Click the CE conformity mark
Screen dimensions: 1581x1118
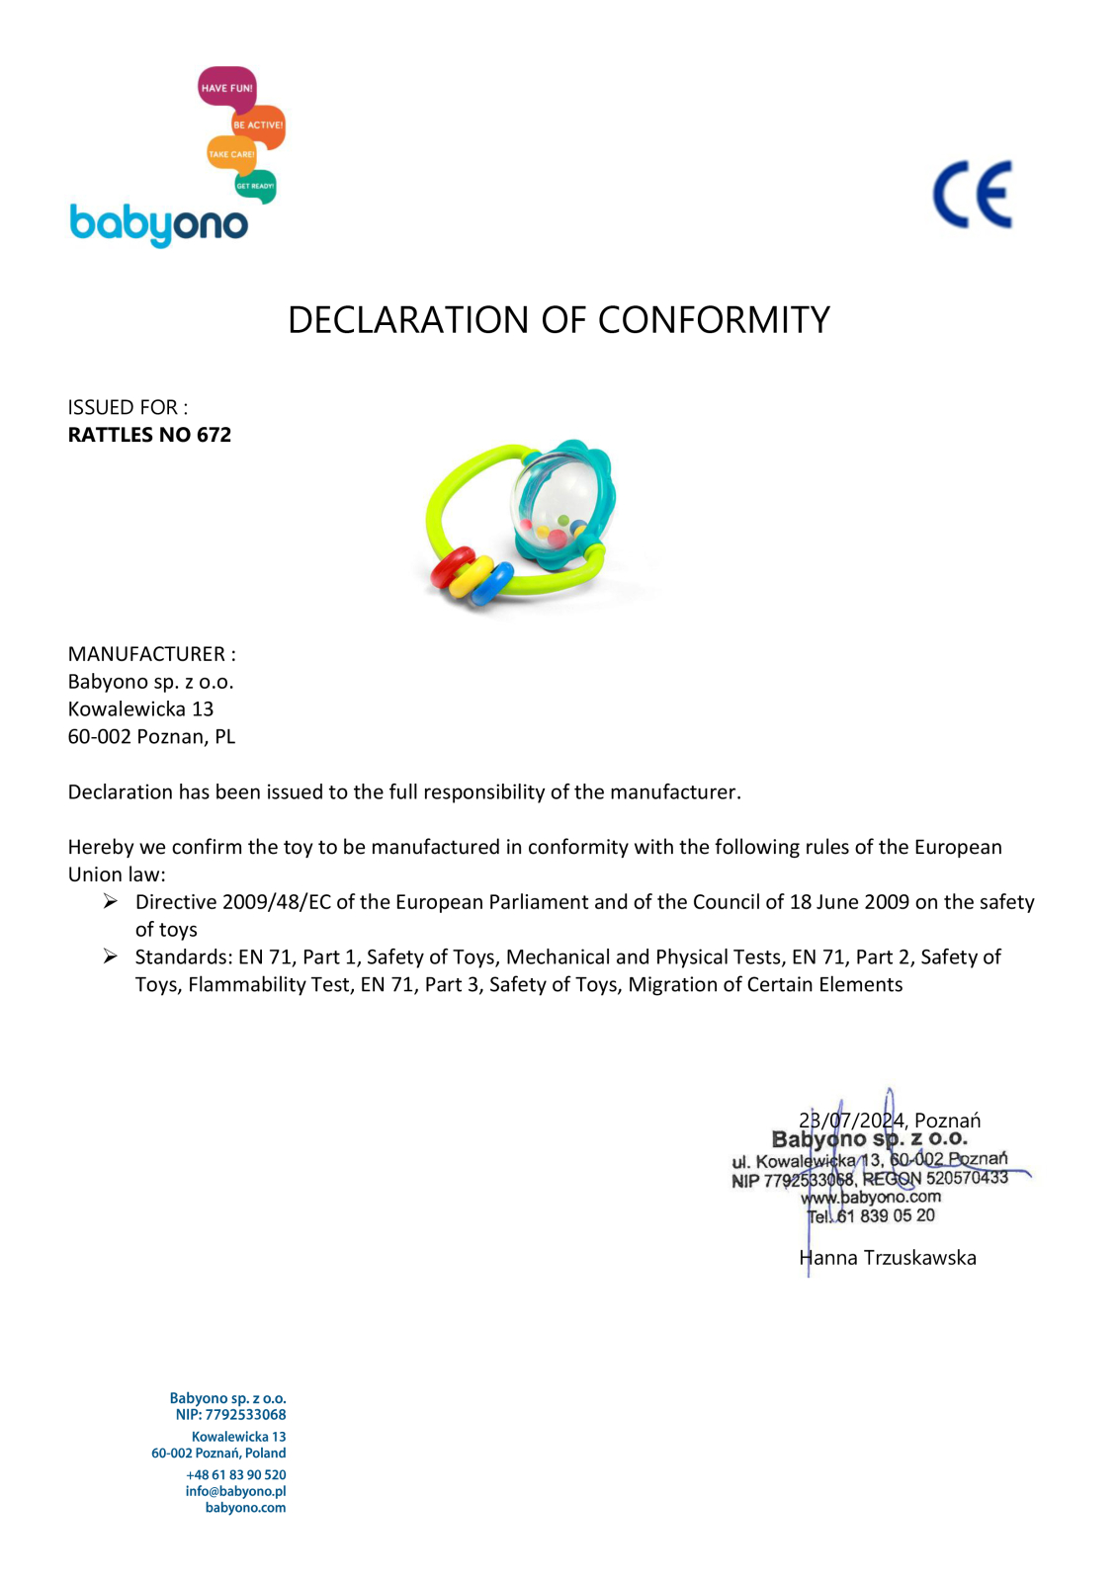[x=973, y=195]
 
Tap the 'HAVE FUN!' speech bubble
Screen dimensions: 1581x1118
[x=226, y=88]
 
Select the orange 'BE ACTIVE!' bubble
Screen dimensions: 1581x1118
[x=258, y=125]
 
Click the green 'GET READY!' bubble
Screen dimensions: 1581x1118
[x=255, y=186]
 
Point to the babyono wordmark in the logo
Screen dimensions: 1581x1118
[x=158, y=224]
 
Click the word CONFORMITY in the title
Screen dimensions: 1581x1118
[x=713, y=320]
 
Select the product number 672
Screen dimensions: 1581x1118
[x=214, y=435]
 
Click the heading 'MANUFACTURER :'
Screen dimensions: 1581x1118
[x=151, y=654]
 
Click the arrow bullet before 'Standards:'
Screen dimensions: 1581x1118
[x=111, y=957]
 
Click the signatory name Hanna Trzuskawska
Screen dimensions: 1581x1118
[x=888, y=1258]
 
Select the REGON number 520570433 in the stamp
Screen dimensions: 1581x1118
[x=966, y=1178]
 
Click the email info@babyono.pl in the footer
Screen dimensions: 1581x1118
[x=235, y=1491]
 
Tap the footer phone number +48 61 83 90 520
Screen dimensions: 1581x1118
[x=235, y=1474]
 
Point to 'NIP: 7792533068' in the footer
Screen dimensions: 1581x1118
[x=230, y=1415]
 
